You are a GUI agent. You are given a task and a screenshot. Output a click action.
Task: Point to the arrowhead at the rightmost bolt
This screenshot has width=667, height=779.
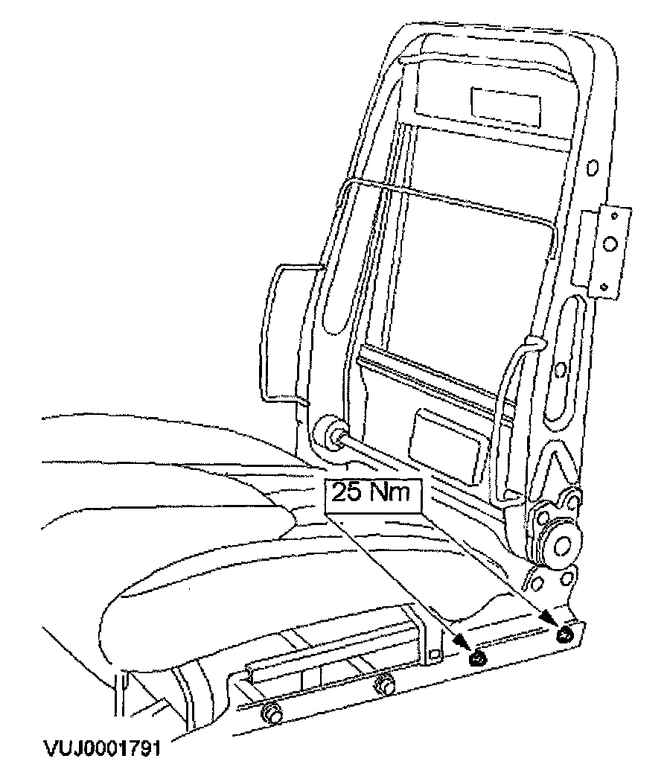pos(549,617)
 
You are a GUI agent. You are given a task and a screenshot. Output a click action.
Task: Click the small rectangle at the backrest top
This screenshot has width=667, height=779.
pos(504,102)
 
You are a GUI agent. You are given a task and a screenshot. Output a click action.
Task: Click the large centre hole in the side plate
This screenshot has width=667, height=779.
pos(608,243)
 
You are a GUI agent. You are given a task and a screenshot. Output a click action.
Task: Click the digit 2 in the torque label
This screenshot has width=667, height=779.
pos(339,495)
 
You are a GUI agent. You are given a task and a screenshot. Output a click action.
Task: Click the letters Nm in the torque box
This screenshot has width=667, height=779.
pos(388,495)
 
